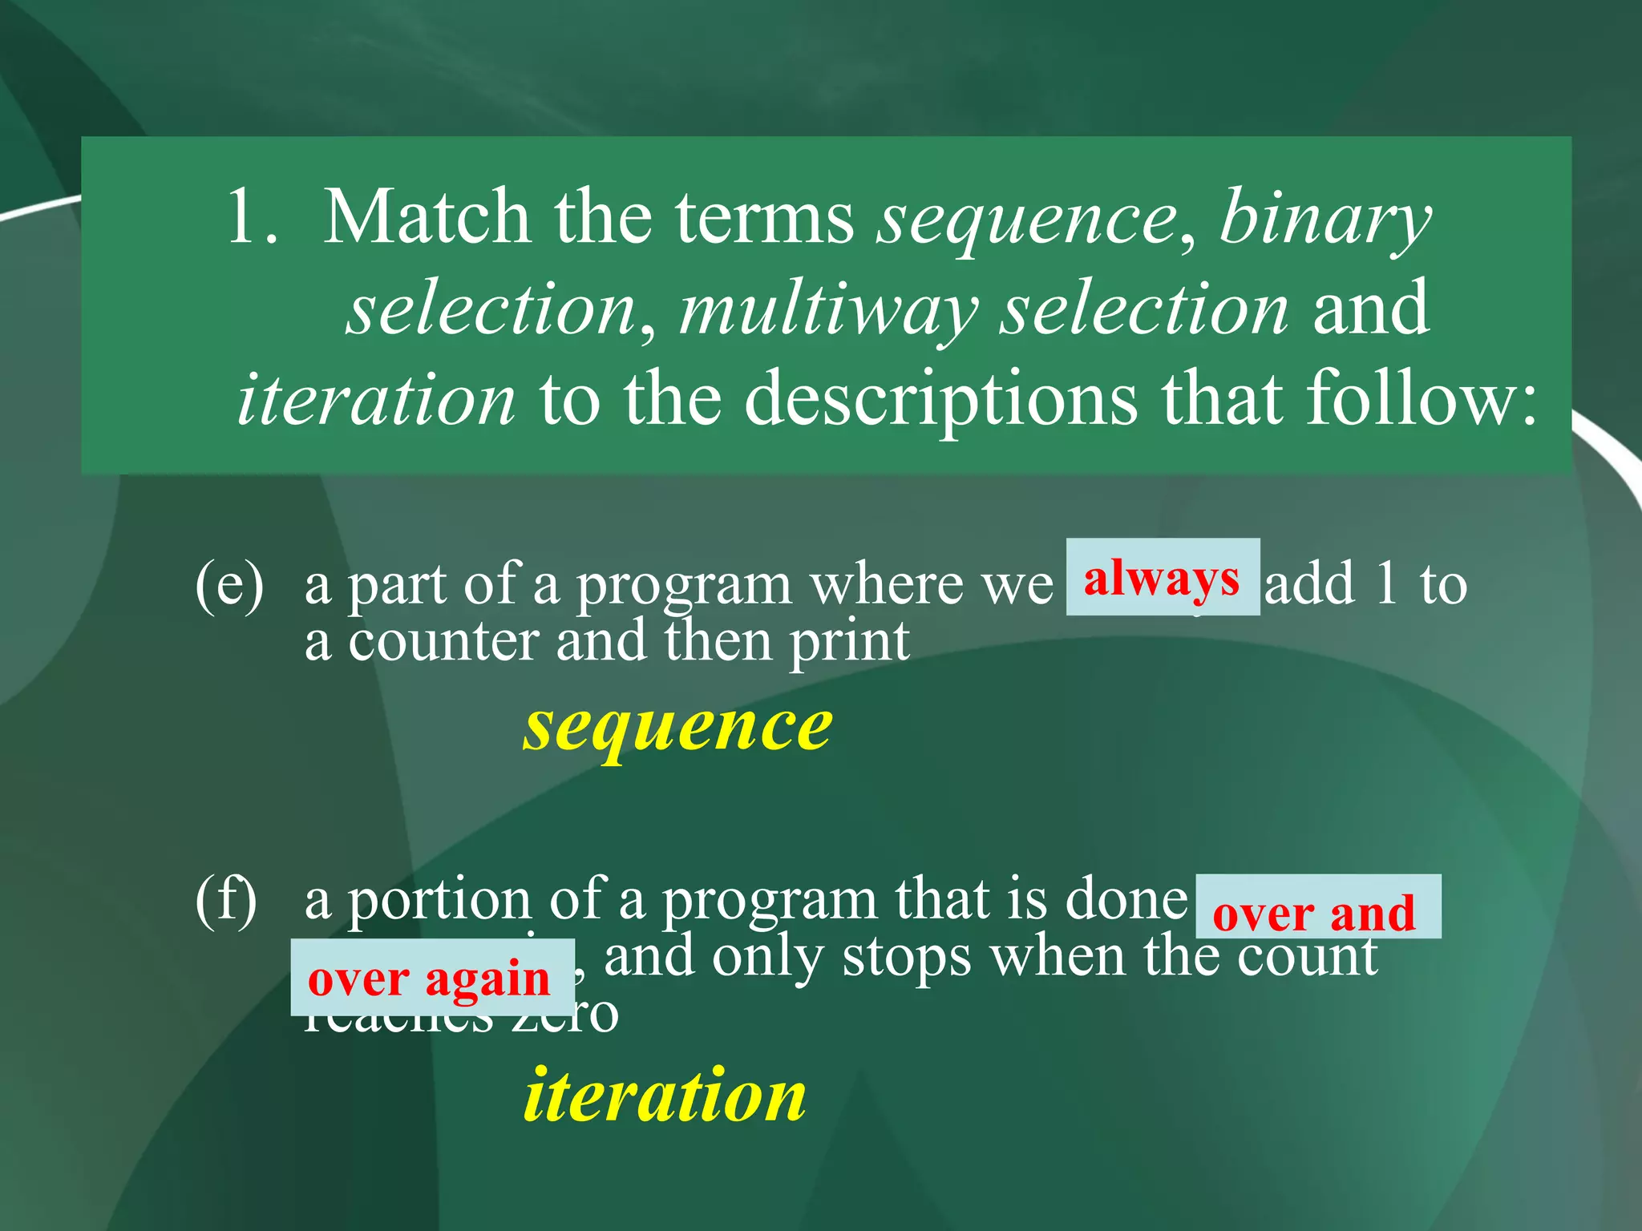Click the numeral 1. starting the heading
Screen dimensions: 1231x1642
coord(253,218)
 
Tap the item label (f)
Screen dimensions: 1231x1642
coord(226,899)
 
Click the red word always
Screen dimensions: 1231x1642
coord(1161,579)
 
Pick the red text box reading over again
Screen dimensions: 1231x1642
coord(431,978)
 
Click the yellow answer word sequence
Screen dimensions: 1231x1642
coord(677,727)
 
